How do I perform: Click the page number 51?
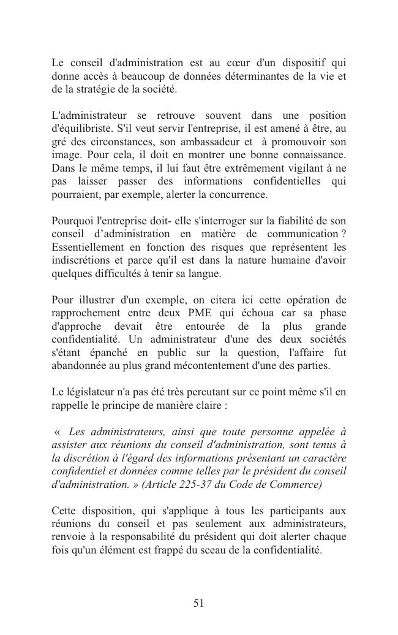coord(198,603)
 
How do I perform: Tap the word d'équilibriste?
coord(82,129)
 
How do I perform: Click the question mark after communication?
coord(344,234)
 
